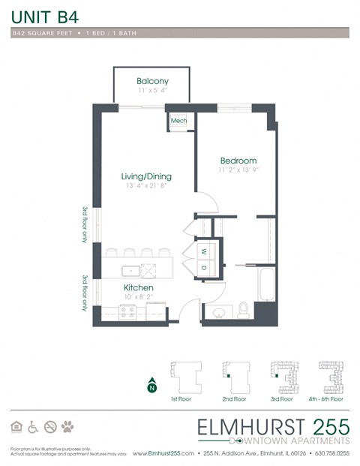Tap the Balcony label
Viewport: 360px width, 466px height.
pos(152,81)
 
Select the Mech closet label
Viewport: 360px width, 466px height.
pos(178,120)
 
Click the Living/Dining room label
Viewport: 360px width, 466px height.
pos(146,176)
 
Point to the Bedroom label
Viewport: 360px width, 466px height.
pos(238,161)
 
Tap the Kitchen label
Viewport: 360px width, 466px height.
pos(138,287)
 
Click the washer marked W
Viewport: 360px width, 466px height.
pos(203,251)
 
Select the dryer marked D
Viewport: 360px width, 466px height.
pos(203,268)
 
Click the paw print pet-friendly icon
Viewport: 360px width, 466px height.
pos(68,427)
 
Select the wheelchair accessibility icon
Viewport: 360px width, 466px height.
pos(33,427)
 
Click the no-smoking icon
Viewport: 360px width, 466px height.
pos(50,427)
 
